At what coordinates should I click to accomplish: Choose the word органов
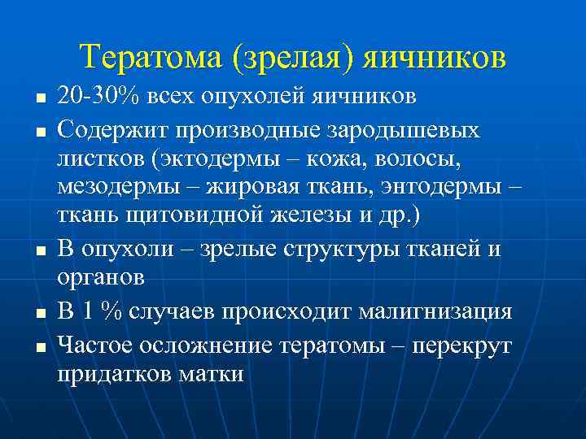point(102,277)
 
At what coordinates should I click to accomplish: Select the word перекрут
point(462,344)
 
